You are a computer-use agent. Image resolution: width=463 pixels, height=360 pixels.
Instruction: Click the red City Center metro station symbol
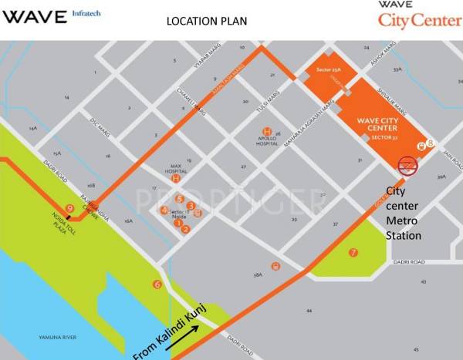[x=407, y=165]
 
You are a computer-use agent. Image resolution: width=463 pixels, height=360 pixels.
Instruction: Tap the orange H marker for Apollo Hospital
[x=267, y=132]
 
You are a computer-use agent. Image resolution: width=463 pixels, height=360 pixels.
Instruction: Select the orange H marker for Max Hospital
[x=177, y=179]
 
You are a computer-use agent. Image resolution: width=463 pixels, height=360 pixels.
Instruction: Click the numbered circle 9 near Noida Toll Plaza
[x=70, y=207]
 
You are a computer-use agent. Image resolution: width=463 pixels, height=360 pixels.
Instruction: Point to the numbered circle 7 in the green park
[x=353, y=252]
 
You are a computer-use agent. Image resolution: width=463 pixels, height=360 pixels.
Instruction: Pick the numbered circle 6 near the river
[x=157, y=284]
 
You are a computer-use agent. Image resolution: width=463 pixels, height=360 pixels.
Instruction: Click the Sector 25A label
[x=318, y=71]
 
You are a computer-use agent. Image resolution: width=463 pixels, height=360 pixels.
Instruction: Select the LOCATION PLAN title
[x=207, y=21]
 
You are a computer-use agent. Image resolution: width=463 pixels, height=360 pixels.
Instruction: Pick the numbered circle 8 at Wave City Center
[x=431, y=142]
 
